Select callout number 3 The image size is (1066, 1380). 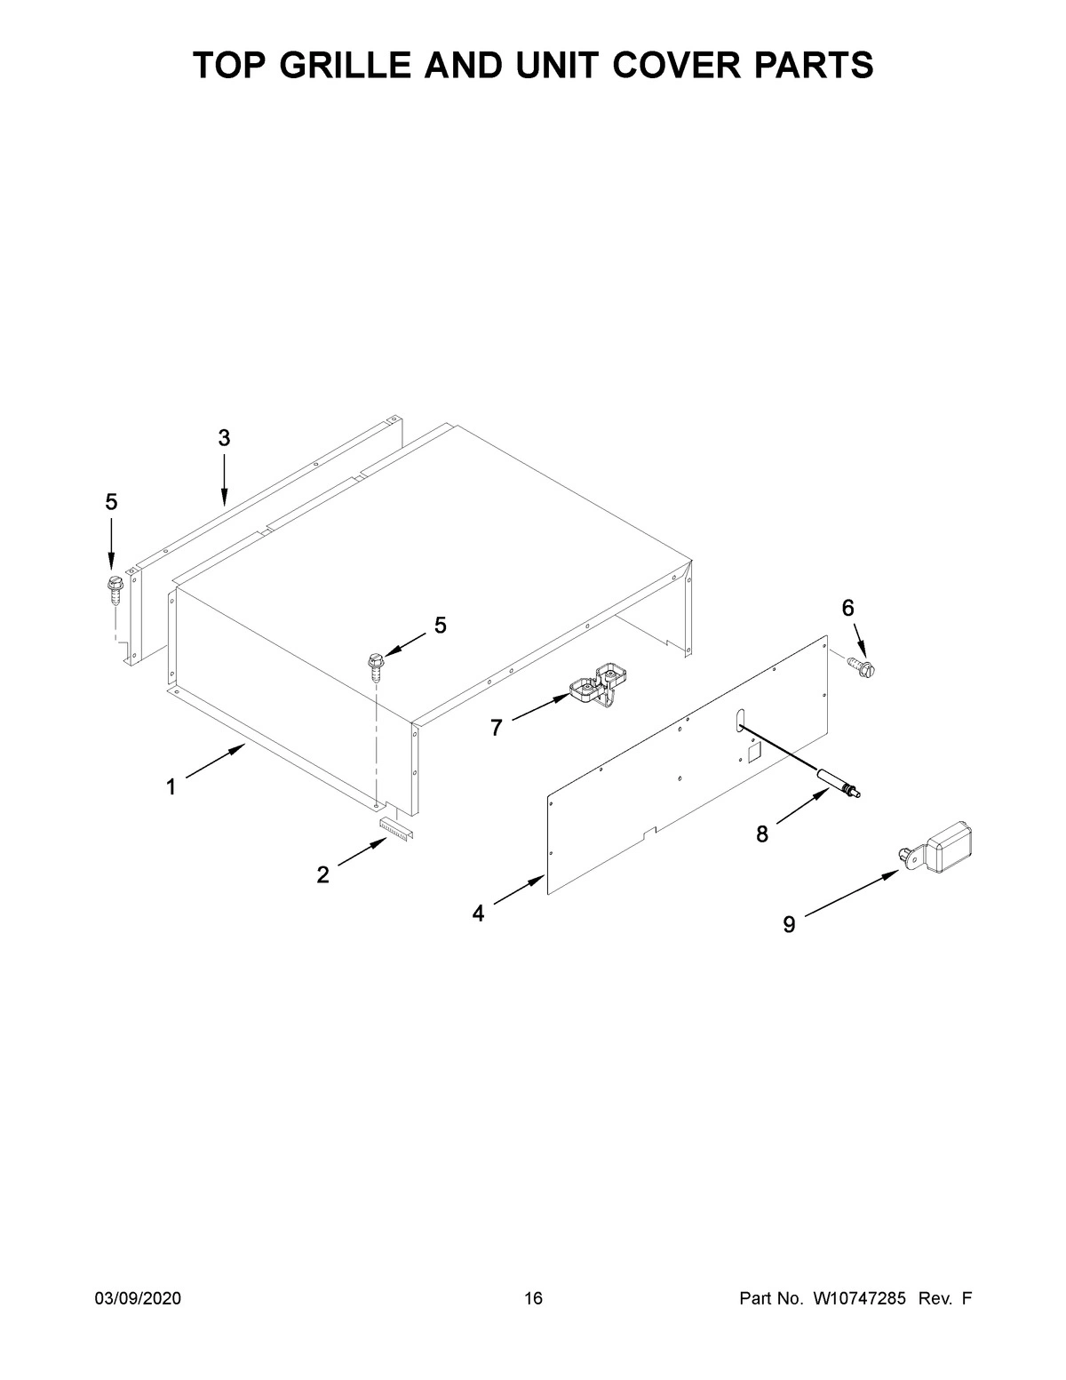[224, 437]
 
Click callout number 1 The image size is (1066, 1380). [170, 786]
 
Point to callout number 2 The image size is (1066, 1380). [322, 874]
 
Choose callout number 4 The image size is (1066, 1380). [479, 913]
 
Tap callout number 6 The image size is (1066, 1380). [847, 608]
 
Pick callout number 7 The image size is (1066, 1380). [497, 729]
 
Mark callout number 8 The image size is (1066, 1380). [762, 834]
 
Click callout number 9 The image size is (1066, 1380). [789, 925]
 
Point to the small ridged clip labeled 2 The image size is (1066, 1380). [396, 828]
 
